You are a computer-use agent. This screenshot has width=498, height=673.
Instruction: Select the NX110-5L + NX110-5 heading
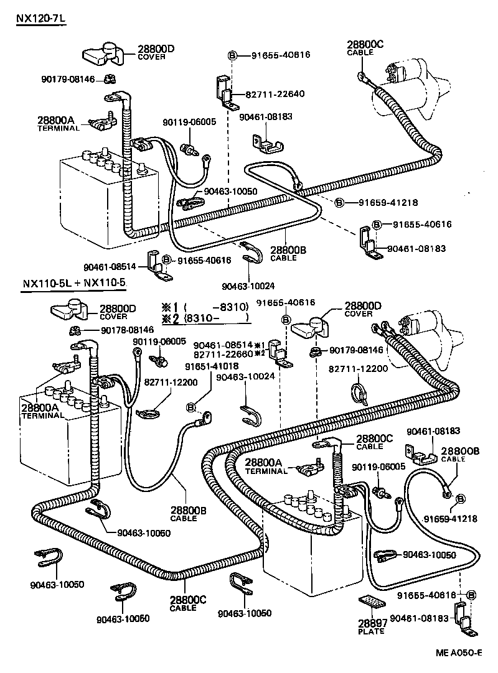[x=74, y=284]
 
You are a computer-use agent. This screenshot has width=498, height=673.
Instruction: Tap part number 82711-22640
[x=275, y=94]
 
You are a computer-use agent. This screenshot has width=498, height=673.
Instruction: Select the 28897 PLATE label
[x=372, y=626]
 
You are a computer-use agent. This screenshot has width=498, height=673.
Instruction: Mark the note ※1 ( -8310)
[x=205, y=306]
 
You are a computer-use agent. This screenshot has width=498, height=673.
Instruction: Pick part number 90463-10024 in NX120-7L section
[x=247, y=287]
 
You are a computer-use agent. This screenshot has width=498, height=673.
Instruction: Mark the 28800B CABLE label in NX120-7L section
[x=288, y=253]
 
